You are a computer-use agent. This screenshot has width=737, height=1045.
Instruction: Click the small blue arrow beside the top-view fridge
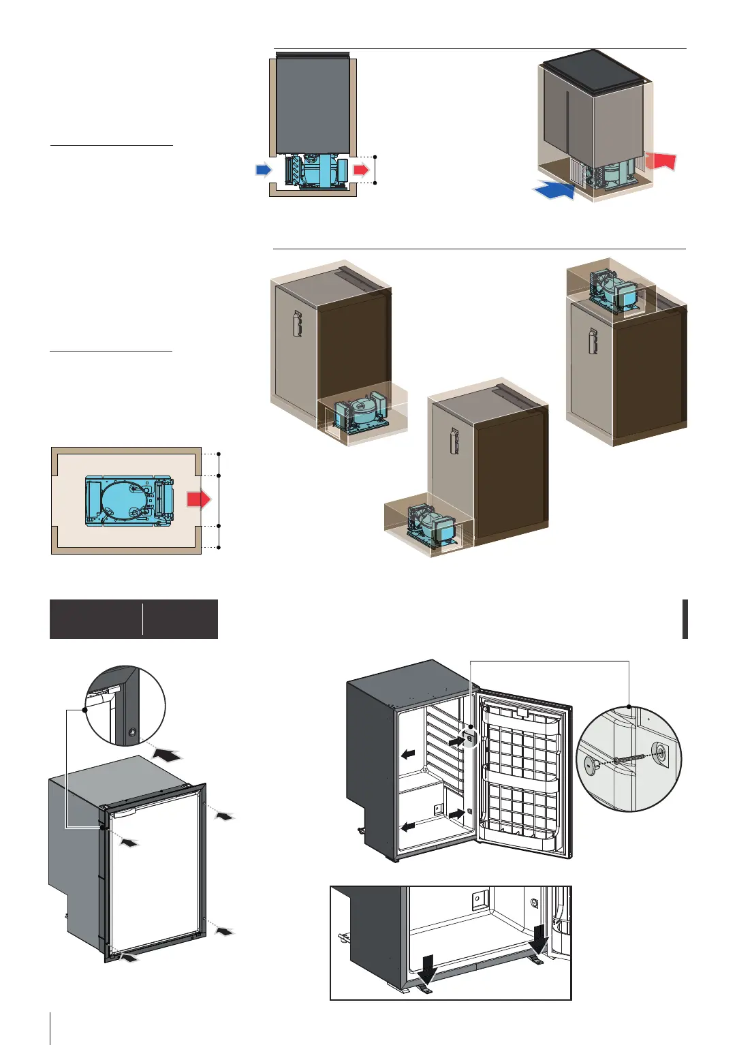pyautogui.click(x=263, y=169)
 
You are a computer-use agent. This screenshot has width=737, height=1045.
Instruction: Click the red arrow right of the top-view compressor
pyautogui.click(x=362, y=169)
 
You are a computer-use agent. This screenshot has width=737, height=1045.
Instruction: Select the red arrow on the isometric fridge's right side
pyautogui.click(x=660, y=161)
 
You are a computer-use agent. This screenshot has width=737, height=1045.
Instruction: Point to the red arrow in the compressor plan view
pyautogui.click(x=198, y=499)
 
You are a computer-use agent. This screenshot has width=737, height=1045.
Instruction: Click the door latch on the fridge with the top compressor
pyautogui.click(x=593, y=341)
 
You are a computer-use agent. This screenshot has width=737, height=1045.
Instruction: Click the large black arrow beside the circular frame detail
pyautogui.click(x=167, y=754)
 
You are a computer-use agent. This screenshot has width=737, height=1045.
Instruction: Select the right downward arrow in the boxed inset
pyautogui.click(x=539, y=939)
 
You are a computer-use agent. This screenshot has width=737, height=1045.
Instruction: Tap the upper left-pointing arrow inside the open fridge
pyautogui.click(x=408, y=754)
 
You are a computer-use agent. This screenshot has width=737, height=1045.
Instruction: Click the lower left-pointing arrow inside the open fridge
pyautogui.click(x=408, y=826)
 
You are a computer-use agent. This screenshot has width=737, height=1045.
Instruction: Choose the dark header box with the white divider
pyautogui.click(x=134, y=619)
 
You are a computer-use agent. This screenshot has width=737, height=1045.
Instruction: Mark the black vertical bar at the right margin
pyautogui.click(x=685, y=619)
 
